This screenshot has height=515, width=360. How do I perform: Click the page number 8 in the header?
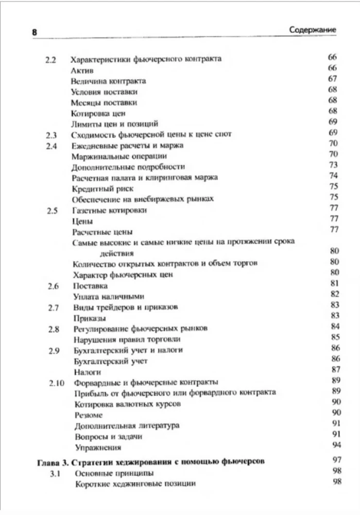click(35, 32)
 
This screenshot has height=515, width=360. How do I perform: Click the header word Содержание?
click(313, 30)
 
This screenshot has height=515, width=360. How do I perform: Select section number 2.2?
click(50, 59)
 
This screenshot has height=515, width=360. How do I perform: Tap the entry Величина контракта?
click(108, 81)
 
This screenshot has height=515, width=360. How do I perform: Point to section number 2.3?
click(50, 135)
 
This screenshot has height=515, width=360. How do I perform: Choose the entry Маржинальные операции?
click(119, 156)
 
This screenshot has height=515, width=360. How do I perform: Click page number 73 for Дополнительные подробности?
click(332, 165)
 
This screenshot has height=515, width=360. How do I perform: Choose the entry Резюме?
click(88, 415)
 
